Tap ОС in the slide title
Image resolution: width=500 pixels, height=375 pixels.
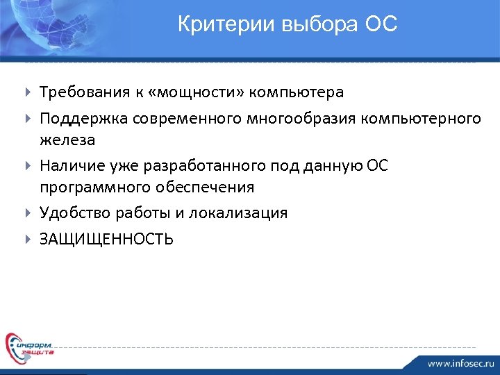(x=381, y=25)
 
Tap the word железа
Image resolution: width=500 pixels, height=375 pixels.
(x=67, y=140)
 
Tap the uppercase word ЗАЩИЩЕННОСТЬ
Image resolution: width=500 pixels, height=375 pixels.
(x=106, y=240)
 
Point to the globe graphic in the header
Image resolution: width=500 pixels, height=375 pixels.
(x=42, y=24)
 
